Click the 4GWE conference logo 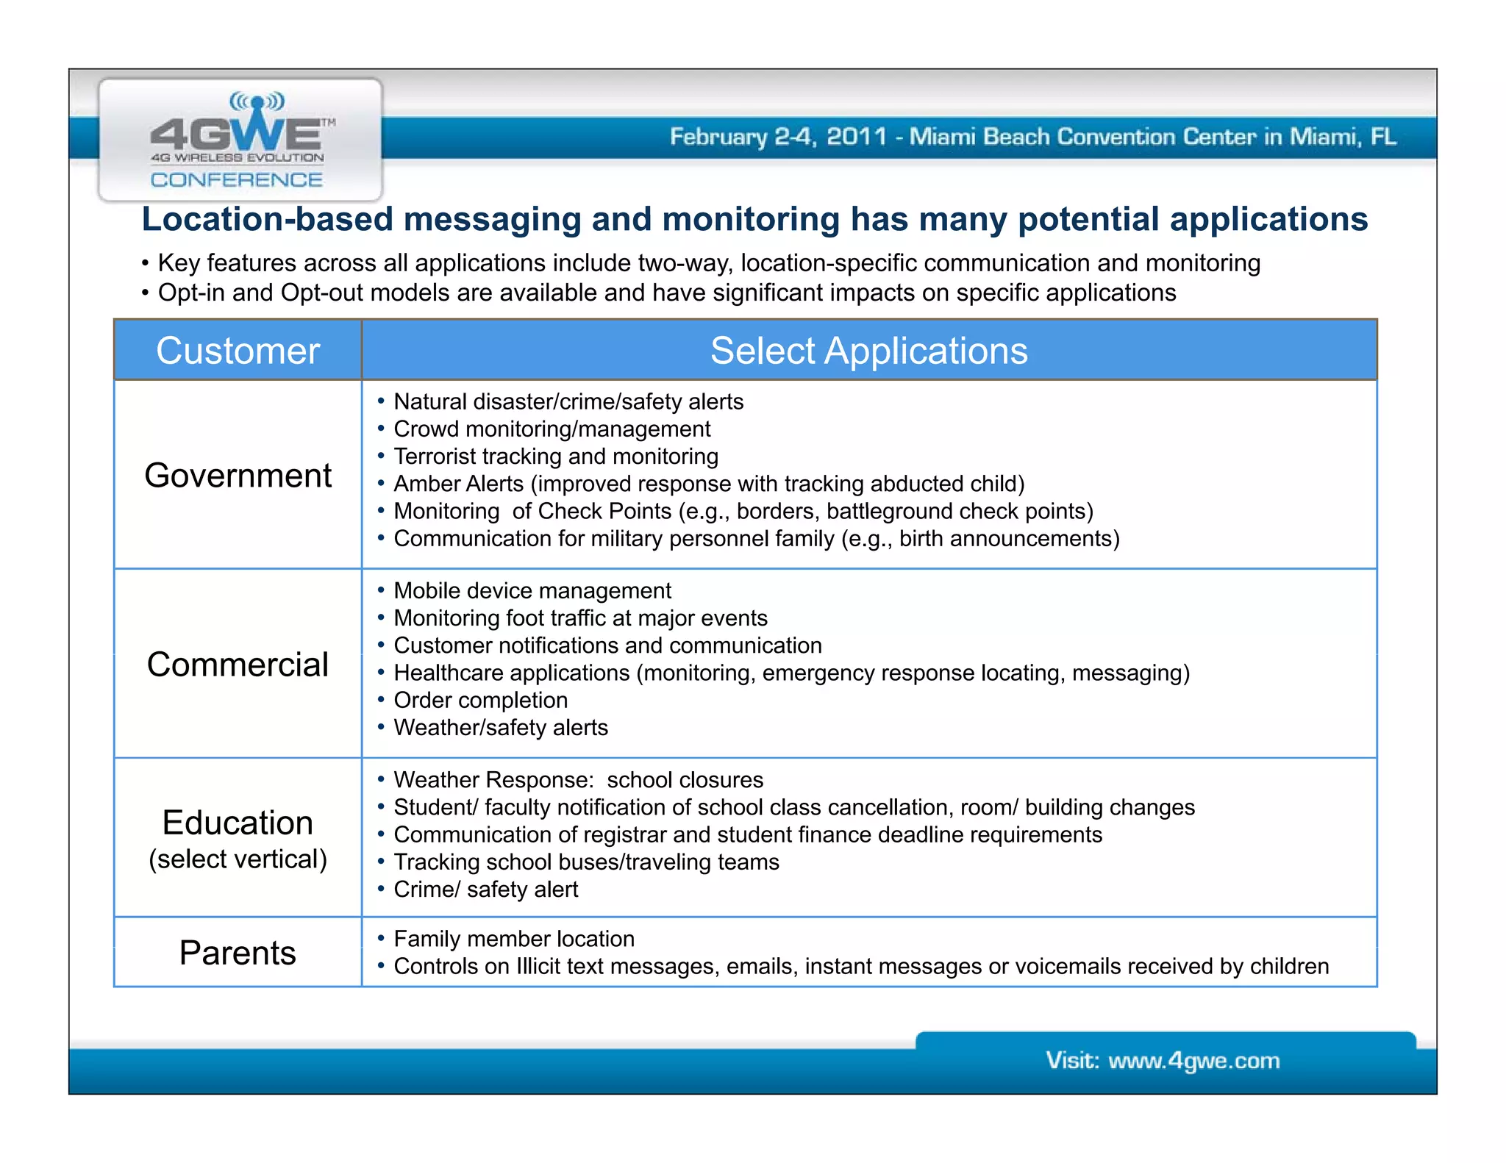pos(240,140)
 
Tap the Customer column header pos(238,351)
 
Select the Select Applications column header pos(868,351)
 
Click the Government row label pos(238,475)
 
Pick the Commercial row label pos(238,665)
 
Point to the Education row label pos(238,823)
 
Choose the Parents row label pos(238,953)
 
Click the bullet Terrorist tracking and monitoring pos(556,457)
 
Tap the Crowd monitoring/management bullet pos(552,429)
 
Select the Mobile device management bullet pos(532,591)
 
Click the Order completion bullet pos(481,701)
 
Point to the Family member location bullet pos(514,939)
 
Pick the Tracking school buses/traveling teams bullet pos(586,862)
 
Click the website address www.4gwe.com pos(1193,1061)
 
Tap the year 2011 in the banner pos(857,137)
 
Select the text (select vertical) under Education pos(238,859)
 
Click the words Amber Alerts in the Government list pos(458,484)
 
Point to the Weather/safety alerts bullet pos(501,728)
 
